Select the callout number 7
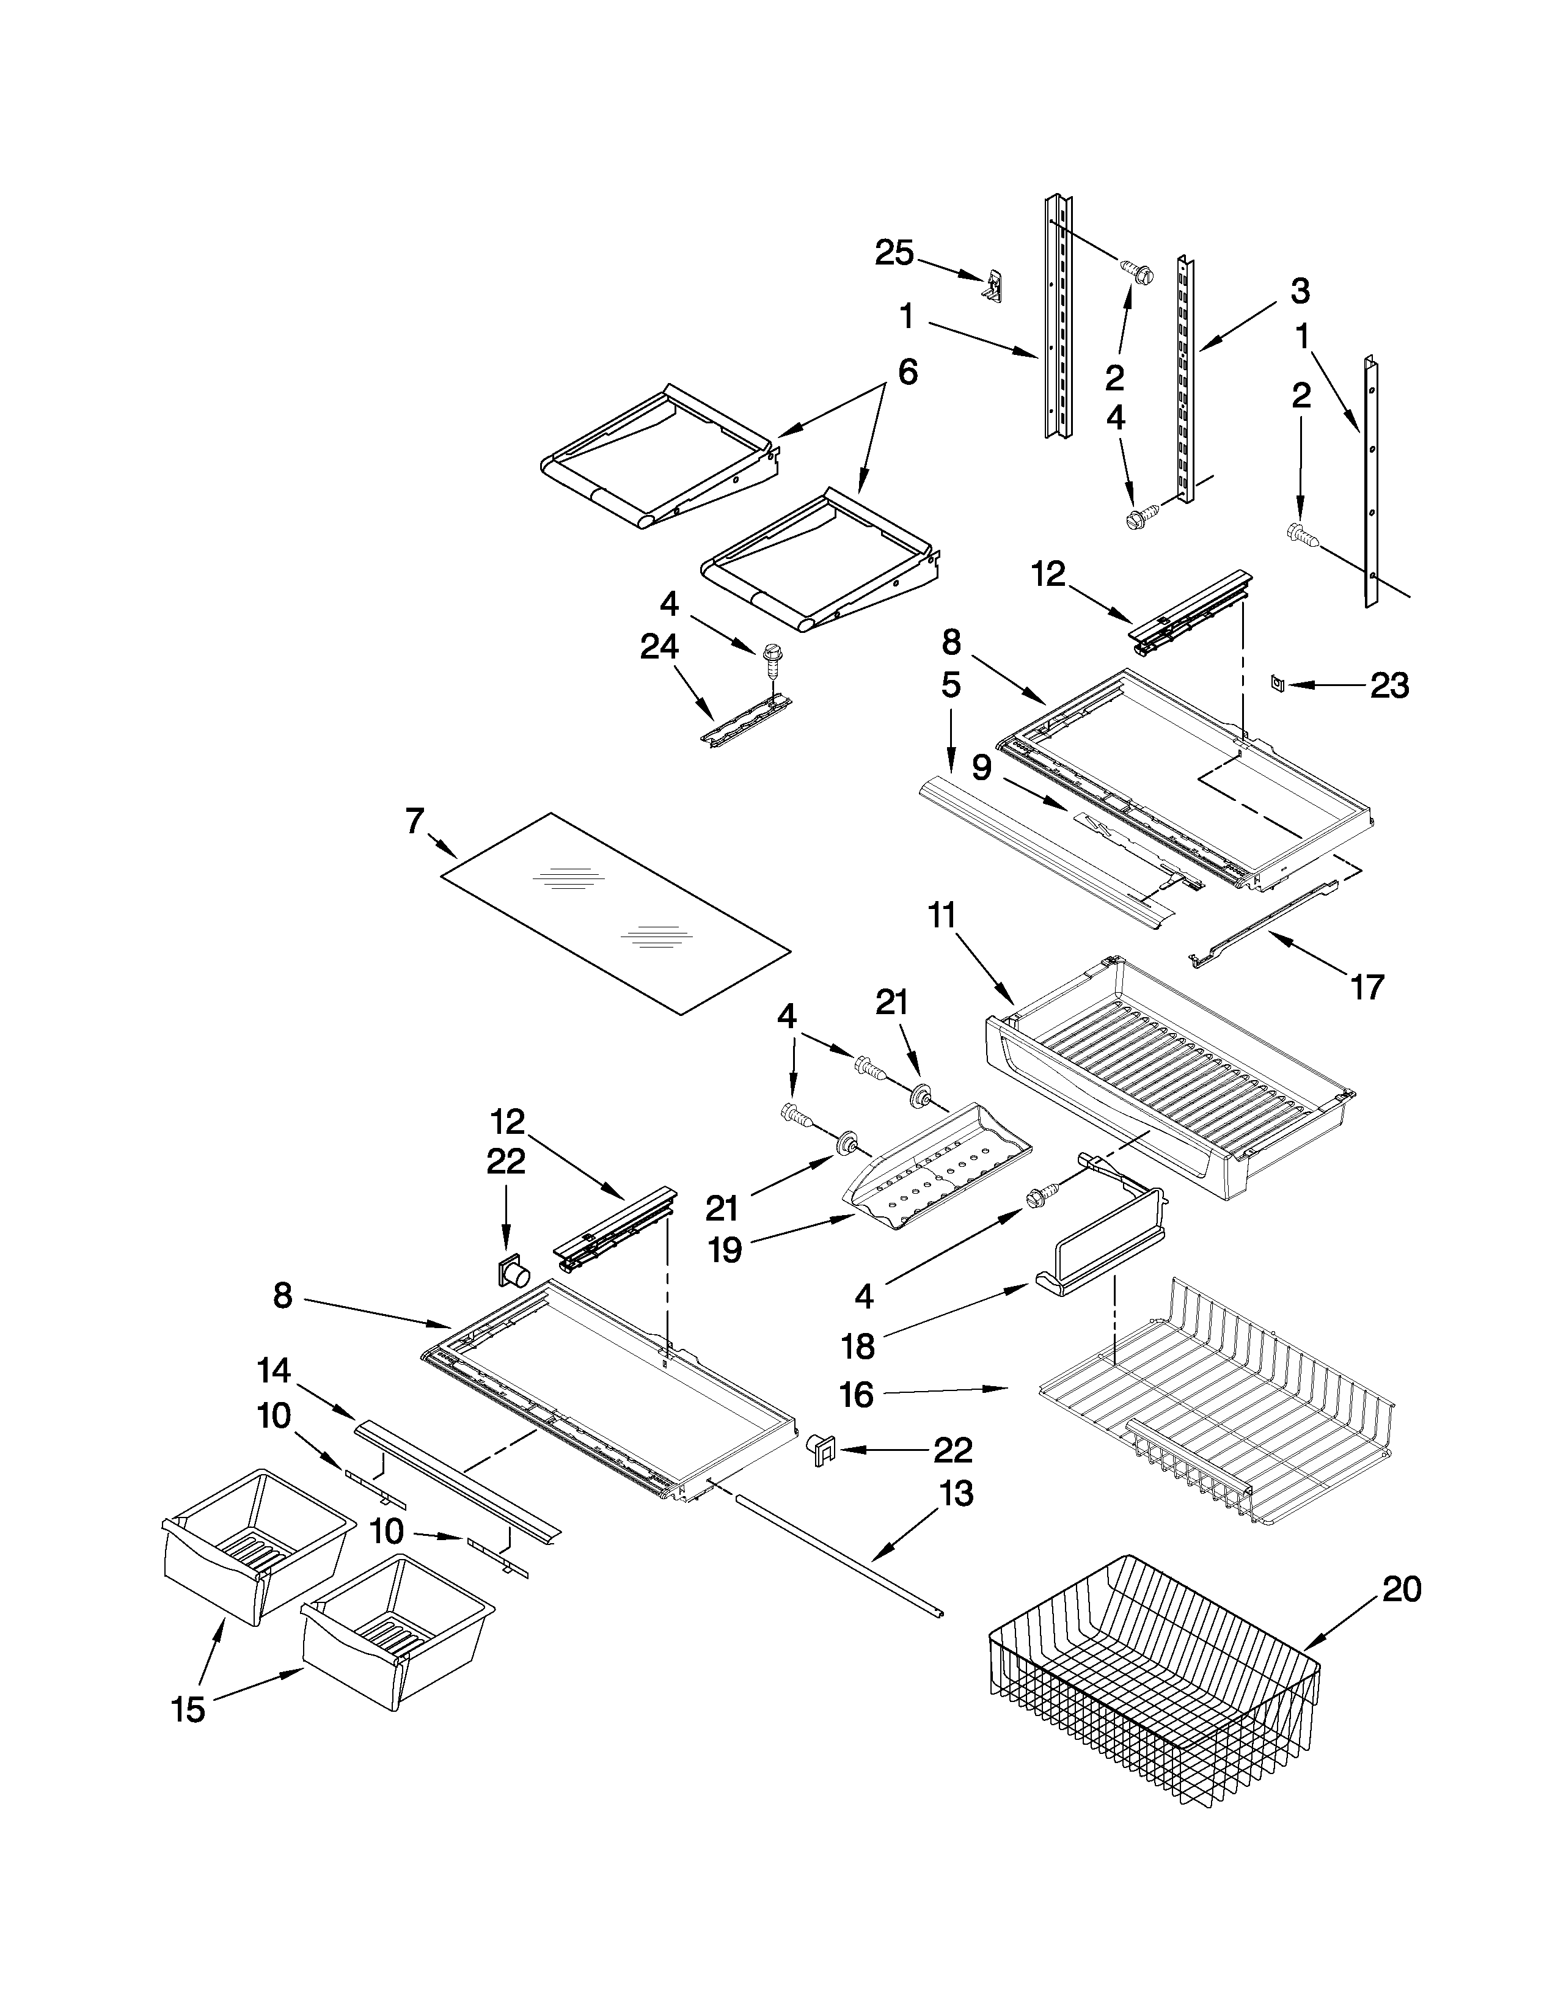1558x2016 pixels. [414, 820]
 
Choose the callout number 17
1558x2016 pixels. [1367, 987]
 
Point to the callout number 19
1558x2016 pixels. [725, 1250]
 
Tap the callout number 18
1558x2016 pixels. [858, 1346]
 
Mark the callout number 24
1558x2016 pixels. [659, 648]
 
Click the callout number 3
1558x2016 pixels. [1299, 291]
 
